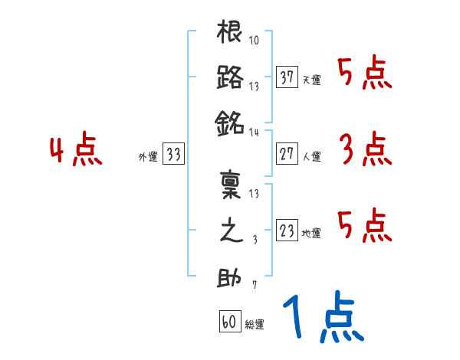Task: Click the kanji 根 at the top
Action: point(230,35)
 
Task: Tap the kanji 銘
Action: point(230,121)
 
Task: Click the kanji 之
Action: point(230,232)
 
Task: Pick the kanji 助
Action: point(230,278)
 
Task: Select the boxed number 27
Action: point(287,153)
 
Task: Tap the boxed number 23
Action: point(287,230)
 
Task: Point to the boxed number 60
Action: point(229,322)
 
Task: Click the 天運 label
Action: point(311,80)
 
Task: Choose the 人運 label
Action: point(311,156)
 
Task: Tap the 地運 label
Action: point(311,233)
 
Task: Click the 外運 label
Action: point(147,156)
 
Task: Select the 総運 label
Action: point(254,325)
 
